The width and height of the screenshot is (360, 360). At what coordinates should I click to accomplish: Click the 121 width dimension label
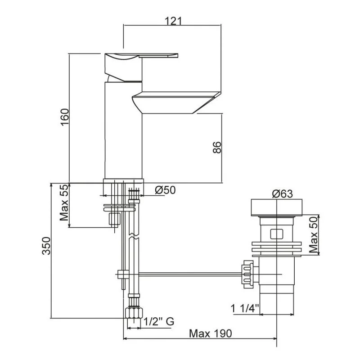pos(173,21)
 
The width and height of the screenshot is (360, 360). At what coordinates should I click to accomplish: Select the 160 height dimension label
pos(64,117)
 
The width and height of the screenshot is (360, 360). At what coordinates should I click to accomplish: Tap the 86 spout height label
pos(217,148)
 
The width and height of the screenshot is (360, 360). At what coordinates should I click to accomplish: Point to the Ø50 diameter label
pos(165,190)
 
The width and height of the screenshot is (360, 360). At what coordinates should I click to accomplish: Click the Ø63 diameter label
pos(283,194)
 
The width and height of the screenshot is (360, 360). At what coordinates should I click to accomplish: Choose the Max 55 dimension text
pos(64,202)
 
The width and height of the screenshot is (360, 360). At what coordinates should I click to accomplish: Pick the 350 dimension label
pos(46,246)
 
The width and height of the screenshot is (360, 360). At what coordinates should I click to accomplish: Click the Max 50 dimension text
pos(313,234)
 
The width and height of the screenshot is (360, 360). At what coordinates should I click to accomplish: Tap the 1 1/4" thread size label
pos(245,308)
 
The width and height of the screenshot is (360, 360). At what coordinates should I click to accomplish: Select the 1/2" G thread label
pos(159,321)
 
